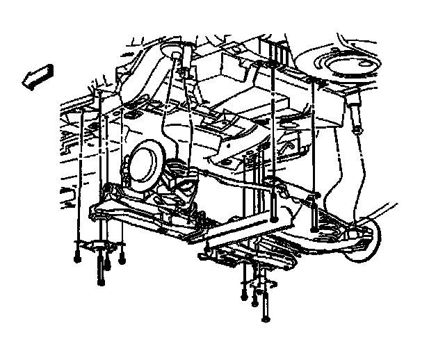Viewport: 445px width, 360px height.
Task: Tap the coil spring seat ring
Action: [348, 69]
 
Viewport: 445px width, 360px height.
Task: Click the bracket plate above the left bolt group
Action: [97, 244]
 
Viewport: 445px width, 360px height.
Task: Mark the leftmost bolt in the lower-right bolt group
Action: [244, 288]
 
